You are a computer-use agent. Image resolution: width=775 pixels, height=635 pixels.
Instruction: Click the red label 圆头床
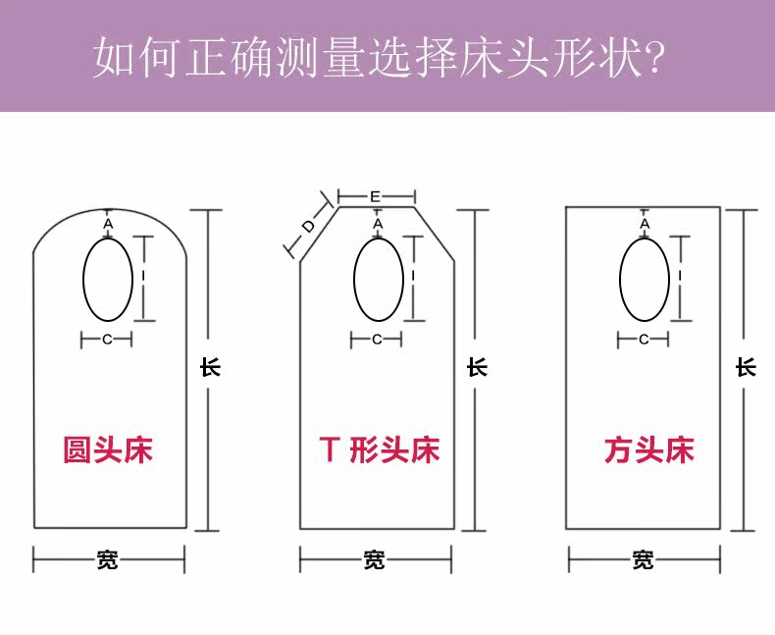click(108, 450)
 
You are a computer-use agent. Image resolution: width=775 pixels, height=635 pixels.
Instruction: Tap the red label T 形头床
click(379, 450)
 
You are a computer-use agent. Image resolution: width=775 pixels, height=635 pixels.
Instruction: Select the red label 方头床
click(648, 450)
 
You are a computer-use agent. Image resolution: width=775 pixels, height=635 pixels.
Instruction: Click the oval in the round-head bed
click(108, 280)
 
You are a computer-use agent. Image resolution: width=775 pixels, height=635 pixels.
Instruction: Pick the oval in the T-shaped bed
click(378, 280)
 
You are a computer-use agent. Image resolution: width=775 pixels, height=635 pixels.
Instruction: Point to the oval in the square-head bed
click(645, 280)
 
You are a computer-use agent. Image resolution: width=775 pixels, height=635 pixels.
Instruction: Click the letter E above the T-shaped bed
click(376, 196)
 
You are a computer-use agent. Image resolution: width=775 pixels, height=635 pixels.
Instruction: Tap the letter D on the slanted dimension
click(307, 228)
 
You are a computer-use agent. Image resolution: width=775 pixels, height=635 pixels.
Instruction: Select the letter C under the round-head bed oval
click(107, 340)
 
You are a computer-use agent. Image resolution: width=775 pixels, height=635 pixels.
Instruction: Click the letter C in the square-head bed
click(644, 340)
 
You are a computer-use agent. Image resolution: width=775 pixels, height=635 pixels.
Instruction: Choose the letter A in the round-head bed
click(108, 225)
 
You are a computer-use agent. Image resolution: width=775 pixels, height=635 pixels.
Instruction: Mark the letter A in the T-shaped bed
click(378, 225)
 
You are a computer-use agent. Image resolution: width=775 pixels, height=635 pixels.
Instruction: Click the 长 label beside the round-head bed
click(210, 367)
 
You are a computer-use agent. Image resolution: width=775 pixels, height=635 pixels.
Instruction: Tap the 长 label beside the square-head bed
click(746, 367)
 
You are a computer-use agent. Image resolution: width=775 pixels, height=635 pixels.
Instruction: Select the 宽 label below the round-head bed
click(108, 560)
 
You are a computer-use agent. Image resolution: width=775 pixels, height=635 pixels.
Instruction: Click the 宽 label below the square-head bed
click(643, 560)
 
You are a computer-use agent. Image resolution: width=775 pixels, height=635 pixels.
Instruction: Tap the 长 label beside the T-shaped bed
click(477, 367)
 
